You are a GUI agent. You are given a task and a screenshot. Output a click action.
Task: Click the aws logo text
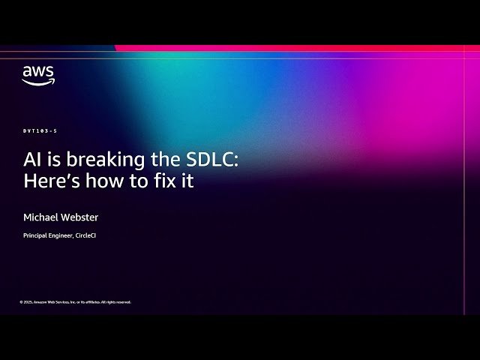[37, 72]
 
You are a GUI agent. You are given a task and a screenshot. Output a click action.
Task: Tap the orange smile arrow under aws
[37, 82]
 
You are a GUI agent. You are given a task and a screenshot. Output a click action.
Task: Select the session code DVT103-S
[40, 131]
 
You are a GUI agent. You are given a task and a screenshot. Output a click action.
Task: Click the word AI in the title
[31, 160]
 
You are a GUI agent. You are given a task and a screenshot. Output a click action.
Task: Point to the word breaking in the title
[90, 160]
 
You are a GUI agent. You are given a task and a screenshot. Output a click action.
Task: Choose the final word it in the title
[186, 181]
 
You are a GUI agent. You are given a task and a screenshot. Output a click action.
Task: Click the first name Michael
[41, 217]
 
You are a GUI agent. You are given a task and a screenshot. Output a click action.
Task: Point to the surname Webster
[80, 217]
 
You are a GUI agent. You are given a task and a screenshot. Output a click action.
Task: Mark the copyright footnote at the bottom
[75, 302]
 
